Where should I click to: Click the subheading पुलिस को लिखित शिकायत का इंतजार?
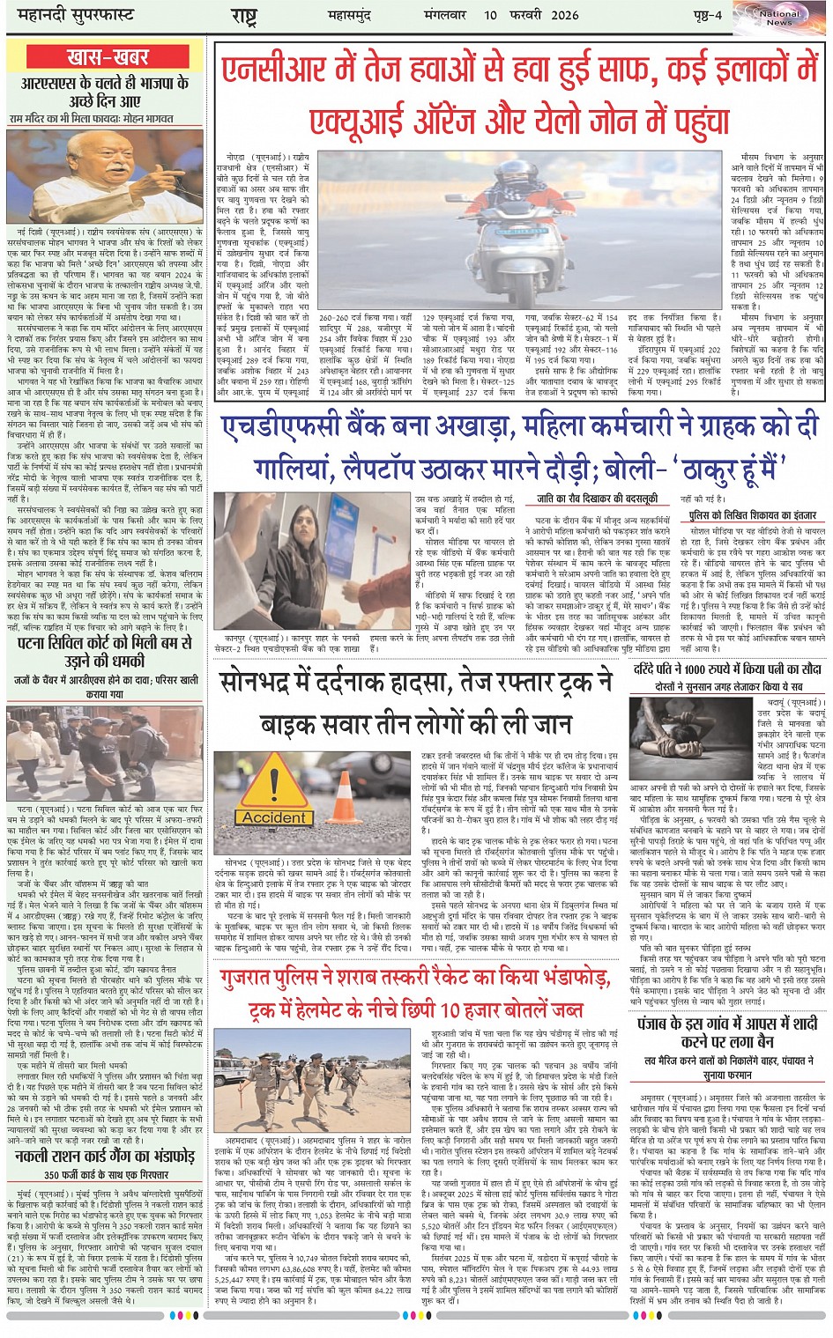coord(752,514)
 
